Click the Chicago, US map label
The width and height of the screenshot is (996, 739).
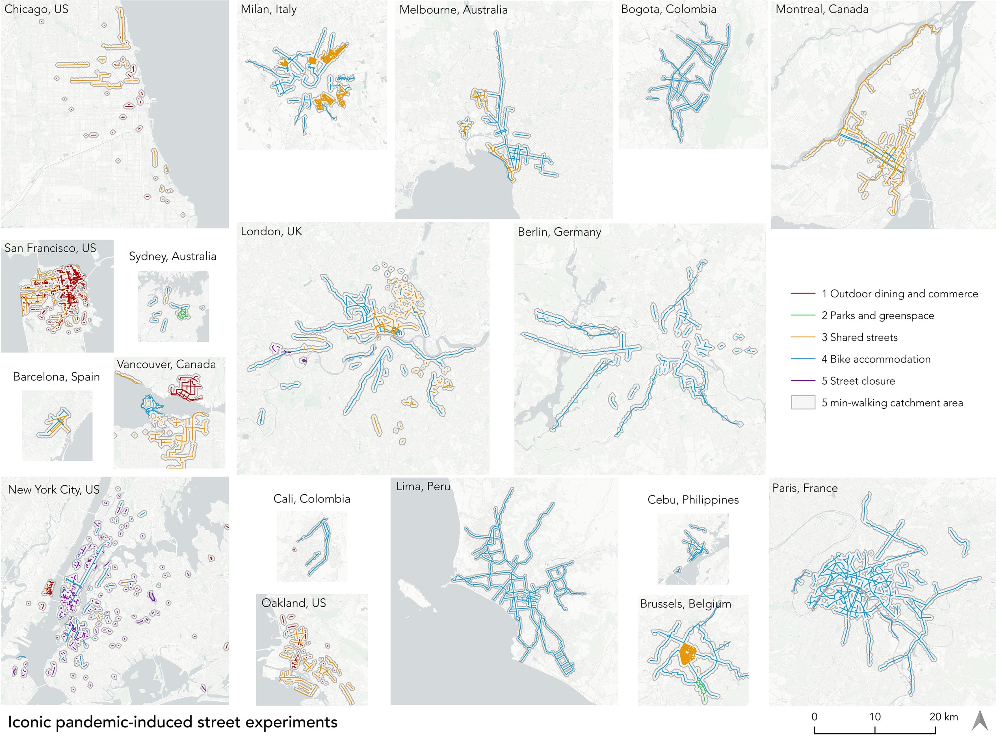coord(36,9)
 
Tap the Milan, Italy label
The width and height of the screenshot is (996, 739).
coord(268,9)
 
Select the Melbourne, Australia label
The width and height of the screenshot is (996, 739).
coord(453,10)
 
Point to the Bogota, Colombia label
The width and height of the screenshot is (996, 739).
coord(668,9)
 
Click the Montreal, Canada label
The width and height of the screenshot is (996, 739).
coord(822,9)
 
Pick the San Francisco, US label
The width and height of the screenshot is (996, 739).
coord(50,248)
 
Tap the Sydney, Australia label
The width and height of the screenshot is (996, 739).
coord(173,256)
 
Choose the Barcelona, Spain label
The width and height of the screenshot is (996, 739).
coord(56,377)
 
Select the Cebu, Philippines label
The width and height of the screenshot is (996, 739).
coord(693,500)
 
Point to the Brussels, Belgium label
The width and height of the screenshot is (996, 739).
coord(685,604)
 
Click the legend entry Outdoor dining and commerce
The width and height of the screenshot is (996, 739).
coord(899,294)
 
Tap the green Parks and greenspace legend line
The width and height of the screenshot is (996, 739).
coord(803,315)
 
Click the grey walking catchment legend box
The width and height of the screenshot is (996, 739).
coord(803,403)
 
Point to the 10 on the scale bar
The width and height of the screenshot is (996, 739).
coord(875,717)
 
